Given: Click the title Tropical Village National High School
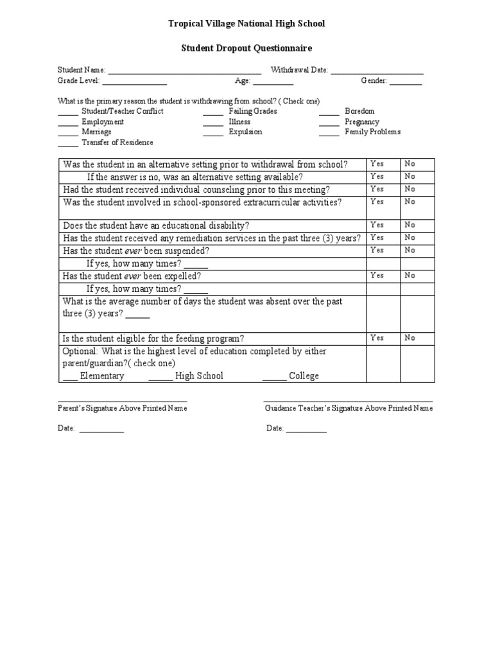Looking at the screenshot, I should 246,24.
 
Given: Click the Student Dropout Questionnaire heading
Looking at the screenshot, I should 246,48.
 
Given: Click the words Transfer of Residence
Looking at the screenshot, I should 117,142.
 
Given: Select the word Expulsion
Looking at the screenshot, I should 245,132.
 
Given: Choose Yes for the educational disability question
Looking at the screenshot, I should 377,225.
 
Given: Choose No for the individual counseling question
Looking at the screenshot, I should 410,189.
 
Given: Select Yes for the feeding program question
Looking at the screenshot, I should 377,337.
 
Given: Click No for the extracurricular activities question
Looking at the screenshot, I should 410,201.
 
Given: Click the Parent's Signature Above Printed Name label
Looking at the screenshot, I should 123,409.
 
